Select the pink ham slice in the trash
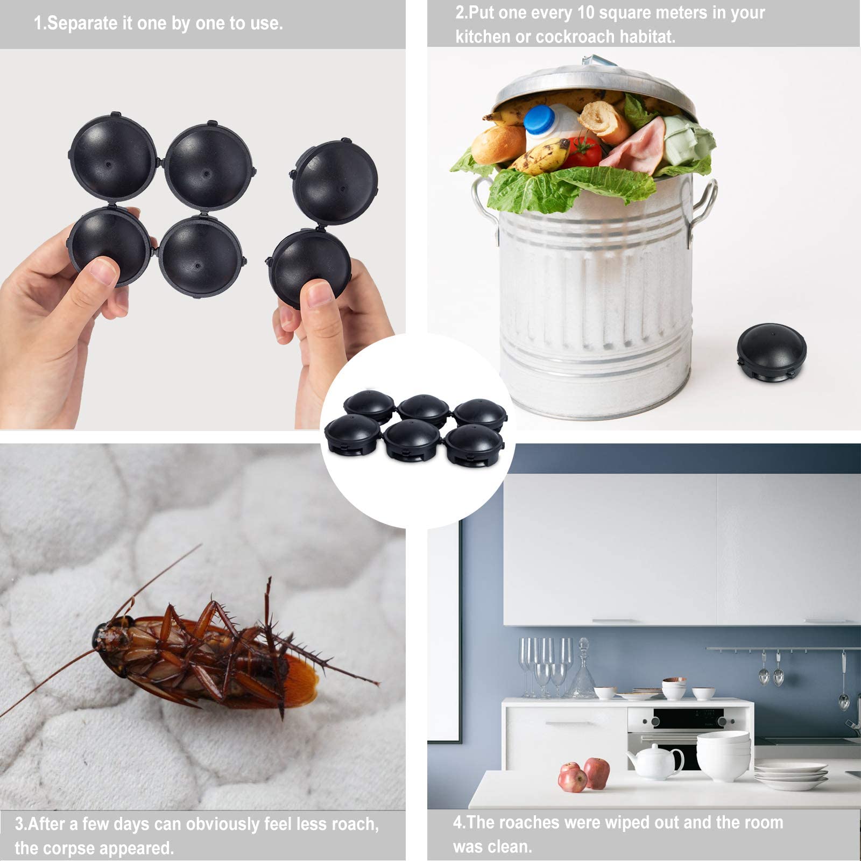coord(635,145)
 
